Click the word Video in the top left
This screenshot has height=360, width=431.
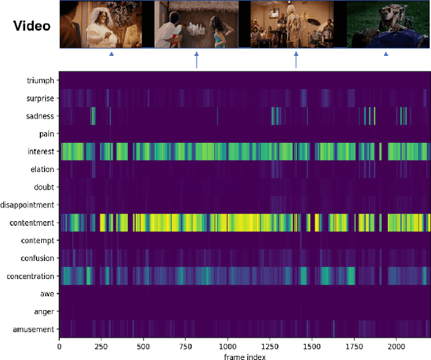point(32,26)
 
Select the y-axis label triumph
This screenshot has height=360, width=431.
point(40,81)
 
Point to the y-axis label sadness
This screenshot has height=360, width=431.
point(40,116)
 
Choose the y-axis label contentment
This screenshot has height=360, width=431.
point(32,222)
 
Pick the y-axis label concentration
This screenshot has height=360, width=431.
point(30,276)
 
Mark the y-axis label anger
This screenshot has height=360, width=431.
point(43,311)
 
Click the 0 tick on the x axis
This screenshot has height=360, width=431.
point(59,347)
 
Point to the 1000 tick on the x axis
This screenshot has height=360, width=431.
point(228,347)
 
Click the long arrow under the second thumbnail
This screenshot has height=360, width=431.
point(197,61)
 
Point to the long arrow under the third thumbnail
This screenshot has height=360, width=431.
point(296,61)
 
